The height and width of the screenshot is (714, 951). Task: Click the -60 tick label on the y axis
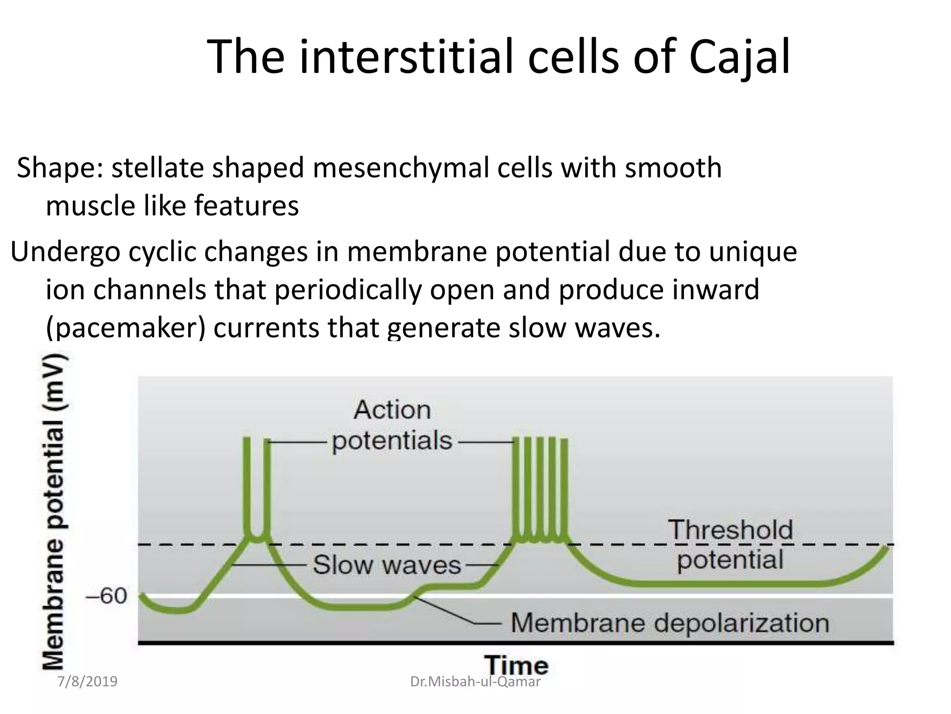click(x=106, y=596)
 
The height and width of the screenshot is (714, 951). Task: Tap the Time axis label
click(x=516, y=665)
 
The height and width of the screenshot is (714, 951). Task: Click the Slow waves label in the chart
click(x=386, y=565)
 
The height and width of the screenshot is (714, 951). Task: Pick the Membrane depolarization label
click(x=670, y=623)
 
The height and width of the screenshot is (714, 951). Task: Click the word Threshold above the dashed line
click(x=730, y=530)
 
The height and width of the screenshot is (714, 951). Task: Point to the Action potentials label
click(x=392, y=425)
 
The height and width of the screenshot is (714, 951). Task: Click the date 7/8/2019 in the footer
click(x=87, y=682)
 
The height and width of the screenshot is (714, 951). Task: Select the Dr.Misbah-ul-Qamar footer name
click(x=475, y=682)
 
